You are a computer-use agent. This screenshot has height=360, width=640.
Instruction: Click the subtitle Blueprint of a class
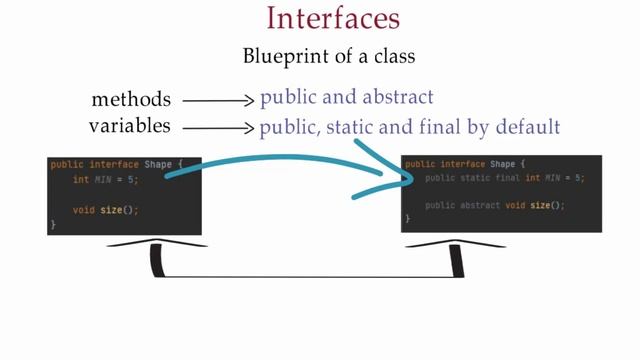click(x=319, y=57)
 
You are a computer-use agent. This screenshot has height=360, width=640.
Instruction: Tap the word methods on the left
click(x=131, y=99)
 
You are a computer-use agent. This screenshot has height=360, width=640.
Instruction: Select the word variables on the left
click(x=130, y=126)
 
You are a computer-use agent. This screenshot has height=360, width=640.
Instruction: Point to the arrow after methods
click(x=219, y=100)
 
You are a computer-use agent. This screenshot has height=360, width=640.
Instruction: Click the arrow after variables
click(x=219, y=128)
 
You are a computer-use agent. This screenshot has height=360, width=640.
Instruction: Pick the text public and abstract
click(x=346, y=98)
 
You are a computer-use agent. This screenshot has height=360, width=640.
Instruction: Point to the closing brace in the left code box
click(x=53, y=225)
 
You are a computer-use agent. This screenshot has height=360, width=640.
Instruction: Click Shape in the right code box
click(x=502, y=164)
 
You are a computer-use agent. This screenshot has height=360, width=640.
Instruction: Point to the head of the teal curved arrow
click(x=406, y=180)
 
